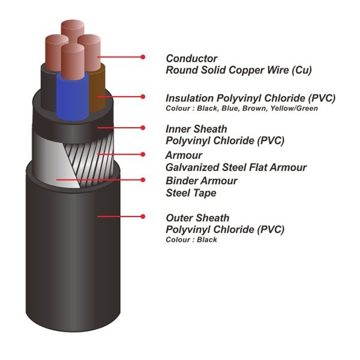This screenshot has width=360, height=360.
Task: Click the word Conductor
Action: click(x=191, y=59)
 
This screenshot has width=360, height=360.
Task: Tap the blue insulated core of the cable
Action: click(x=73, y=97)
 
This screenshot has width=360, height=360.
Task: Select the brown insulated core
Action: click(x=97, y=91)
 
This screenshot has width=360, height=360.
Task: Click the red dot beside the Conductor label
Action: click(x=143, y=57)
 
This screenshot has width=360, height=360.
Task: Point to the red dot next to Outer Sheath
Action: click(x=143, y=216)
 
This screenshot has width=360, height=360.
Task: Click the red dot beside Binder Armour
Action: click(x=143, y=180)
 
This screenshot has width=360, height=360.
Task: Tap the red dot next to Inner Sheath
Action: click(x=143, y=128)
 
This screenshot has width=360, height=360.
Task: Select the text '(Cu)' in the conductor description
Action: click(x=302, y=70)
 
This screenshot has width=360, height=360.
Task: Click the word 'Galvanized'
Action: click(x=193, y=167)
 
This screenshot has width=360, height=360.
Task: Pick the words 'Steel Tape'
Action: click(x=191, y=193)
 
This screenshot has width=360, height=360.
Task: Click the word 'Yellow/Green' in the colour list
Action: click(x=294, y=108)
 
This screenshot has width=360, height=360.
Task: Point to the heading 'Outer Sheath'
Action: click(x=197, y=218)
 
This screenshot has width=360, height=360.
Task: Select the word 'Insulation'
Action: click(x=190, y=98)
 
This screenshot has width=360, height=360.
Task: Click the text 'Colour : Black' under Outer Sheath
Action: click(x=191, y=239)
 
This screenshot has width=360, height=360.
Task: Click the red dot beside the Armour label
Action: click(x=143, y=154)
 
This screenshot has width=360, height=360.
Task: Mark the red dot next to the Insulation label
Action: click(x=143, y=97)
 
